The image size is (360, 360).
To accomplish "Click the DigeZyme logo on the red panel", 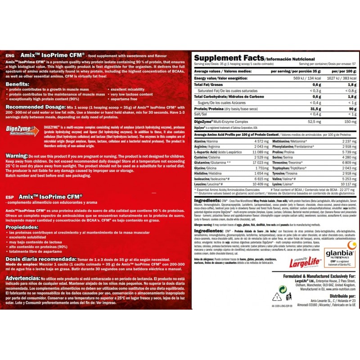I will click(x=22, y=130).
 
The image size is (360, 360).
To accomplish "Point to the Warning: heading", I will click(x=17, y=156).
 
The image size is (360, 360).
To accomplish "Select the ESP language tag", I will click(x=9, y=197).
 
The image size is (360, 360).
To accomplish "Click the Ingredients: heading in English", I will click(x=207, y=200).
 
